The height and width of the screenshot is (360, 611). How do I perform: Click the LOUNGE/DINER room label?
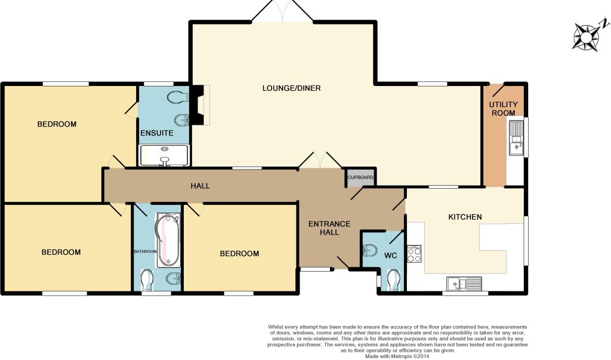pos(291,88)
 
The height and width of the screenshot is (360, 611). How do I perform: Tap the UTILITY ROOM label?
pos(504,109)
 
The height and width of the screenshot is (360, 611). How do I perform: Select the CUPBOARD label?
pos(360,177)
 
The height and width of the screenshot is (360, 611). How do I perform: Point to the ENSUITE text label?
pos(157,133)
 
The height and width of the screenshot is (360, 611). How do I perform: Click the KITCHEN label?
pos(465,217)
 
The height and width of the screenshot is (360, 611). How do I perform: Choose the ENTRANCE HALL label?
pos(329,228)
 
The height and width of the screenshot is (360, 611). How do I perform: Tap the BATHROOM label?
pos(146,251)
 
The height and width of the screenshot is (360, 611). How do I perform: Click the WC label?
pos(390,256)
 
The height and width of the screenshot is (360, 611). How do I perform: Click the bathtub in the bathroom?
pos(168,240)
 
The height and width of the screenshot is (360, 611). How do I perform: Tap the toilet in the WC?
pos(394,279)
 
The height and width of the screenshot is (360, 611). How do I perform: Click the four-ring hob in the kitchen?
pos(414,254)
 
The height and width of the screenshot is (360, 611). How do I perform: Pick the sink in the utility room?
pos(516,138)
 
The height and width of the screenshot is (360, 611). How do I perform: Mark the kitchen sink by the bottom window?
pos(464,284)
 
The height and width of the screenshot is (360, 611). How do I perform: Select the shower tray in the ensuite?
pos(164,155)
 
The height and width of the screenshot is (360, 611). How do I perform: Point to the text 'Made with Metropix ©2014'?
pos(397,356)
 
